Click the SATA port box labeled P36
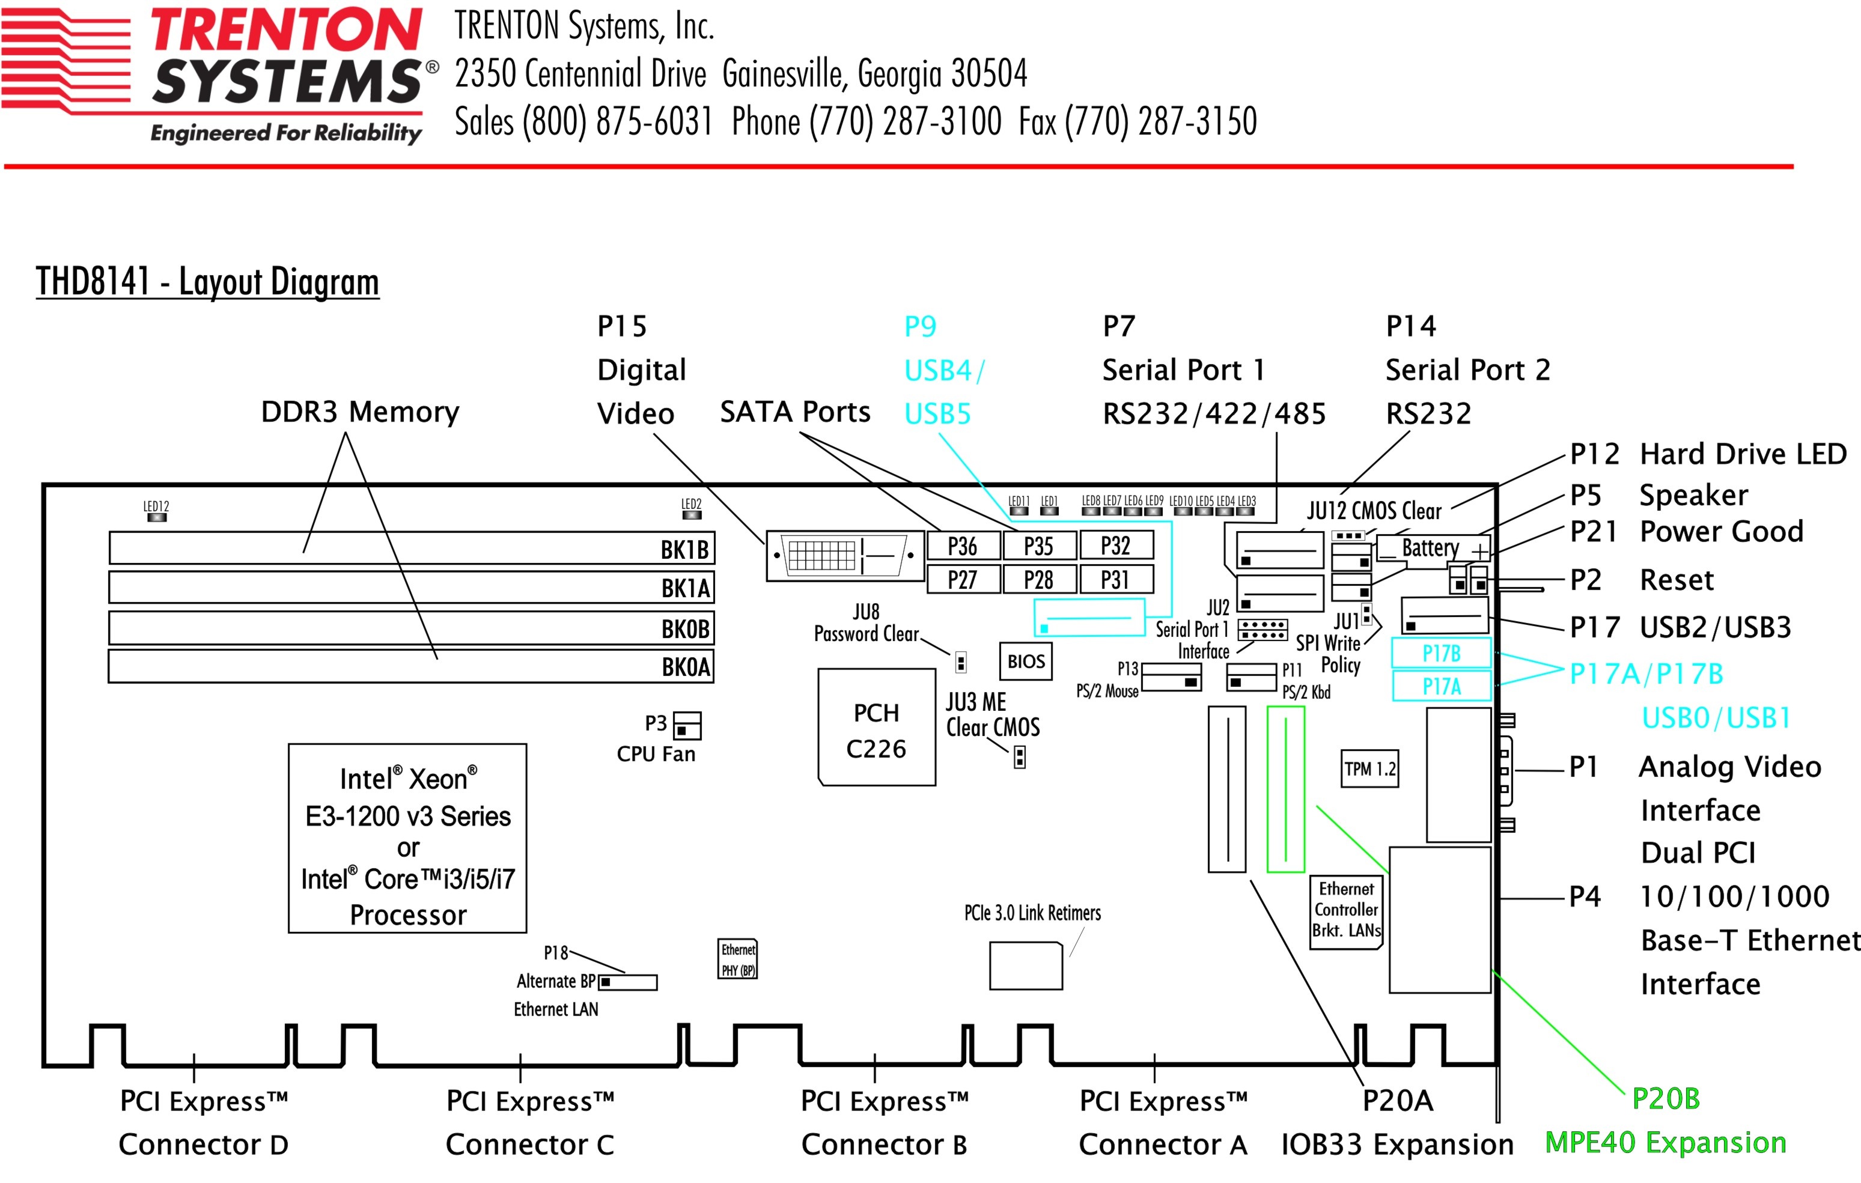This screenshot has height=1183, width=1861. pos(963,546)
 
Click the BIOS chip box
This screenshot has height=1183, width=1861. pos(1026,661)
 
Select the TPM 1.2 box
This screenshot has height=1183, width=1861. pos(1369,769)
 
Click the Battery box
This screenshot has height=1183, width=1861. pos(1431,549)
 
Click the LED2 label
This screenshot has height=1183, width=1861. pos(691,504)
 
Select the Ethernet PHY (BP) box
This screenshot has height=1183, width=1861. pos(738,959)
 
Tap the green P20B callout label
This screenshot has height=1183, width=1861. pos(1666,1098)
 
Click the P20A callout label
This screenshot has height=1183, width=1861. pos(1397,1099)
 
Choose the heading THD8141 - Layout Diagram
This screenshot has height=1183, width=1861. pos(207,281)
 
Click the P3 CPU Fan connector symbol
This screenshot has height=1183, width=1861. pos(686,726)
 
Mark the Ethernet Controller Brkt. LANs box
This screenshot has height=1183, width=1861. pos(1346,910)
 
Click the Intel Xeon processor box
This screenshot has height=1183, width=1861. pos(407,838)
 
